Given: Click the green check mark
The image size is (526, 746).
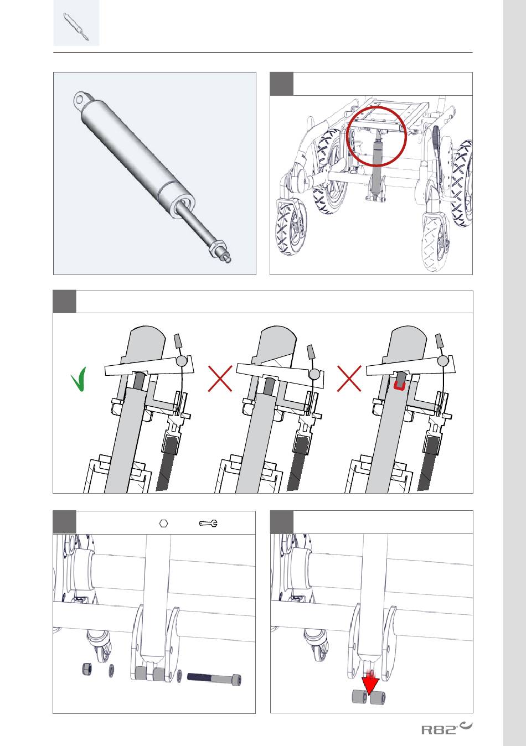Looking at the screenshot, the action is pos(79,380).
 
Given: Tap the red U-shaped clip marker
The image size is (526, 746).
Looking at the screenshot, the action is pos(399,386).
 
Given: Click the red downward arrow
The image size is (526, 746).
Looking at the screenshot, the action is pos(370,680).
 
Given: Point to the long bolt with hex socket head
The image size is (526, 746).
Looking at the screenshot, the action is pos(214,678).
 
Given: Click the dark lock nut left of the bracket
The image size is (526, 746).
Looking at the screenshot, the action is pos(87,669).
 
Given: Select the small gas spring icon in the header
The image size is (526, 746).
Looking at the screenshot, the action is pos(76,27).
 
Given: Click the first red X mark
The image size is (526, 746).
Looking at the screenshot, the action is pos(220,379).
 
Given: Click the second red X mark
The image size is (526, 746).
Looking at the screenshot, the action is pos(349,379).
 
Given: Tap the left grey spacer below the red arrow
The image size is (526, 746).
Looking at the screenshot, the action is pos(360,697).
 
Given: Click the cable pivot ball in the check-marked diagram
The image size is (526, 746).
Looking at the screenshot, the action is pos(181,360).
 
